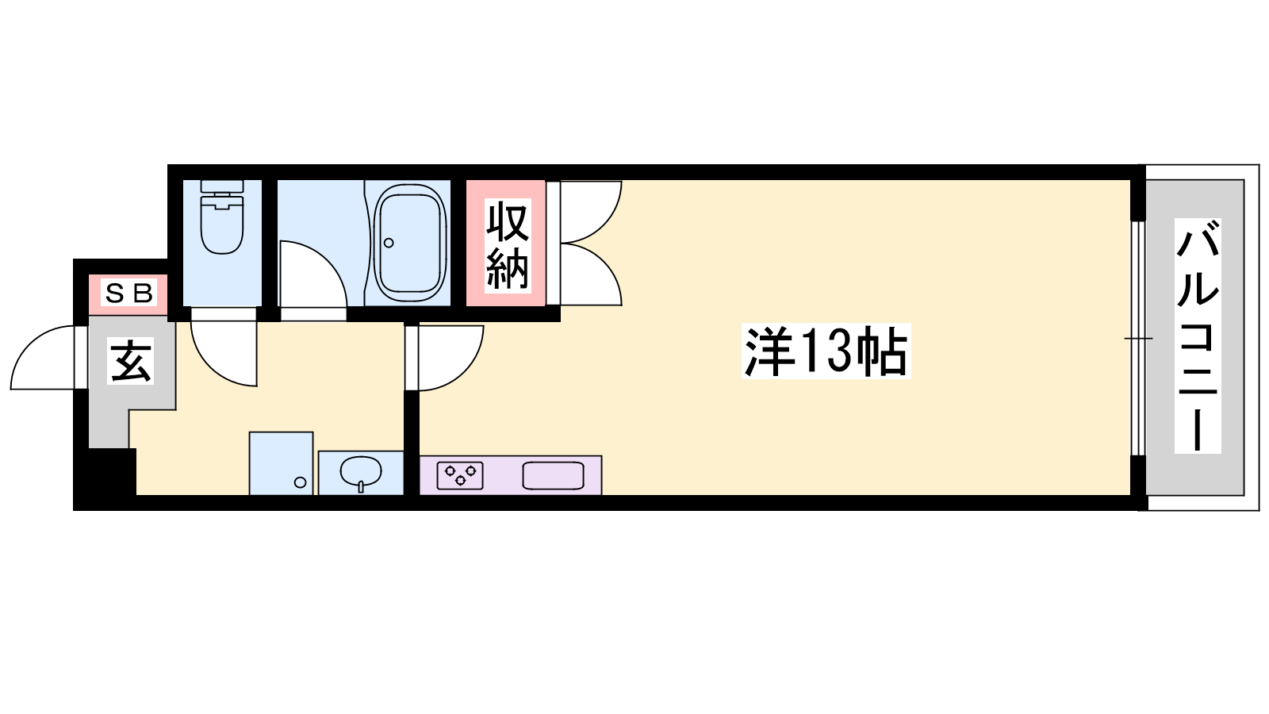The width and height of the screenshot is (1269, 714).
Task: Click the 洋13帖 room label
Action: (826, 351)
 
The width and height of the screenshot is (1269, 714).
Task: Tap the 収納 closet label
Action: (508, 245)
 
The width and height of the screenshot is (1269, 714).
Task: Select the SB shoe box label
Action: (129, 294)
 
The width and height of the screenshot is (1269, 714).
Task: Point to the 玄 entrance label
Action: (131, 361)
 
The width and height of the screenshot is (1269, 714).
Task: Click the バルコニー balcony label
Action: (1197, 336)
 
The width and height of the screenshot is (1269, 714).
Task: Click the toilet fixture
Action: (222, 217)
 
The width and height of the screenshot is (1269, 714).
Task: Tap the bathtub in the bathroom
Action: (408, 243)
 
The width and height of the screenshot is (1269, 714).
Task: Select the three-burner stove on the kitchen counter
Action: (460, 475)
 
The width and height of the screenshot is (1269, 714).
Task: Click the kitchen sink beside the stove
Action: (553, 475)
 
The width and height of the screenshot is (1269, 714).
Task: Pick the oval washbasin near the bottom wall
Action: (361, 471)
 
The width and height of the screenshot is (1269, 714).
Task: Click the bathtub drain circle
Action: (389, 243)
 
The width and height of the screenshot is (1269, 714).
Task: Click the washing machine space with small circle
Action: (281, 463)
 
